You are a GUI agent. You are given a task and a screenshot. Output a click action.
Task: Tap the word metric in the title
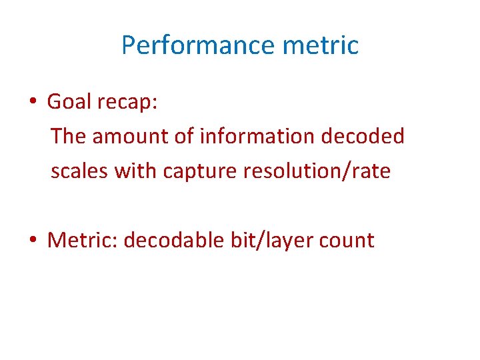click(x=321, y=45)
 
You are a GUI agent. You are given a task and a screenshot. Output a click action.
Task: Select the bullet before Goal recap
click(x=32, y=102)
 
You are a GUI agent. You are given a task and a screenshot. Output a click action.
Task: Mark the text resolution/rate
click(x=317, y=171)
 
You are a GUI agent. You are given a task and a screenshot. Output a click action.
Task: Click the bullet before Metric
click(x=32, y=240)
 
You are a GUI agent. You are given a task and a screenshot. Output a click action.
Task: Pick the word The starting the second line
click(x=69, y=137)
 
